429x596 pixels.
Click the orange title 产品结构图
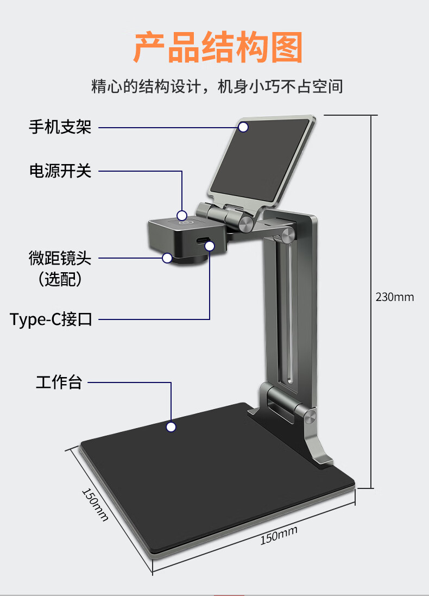(x=218, y=47)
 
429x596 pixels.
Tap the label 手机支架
(x=60, y=127)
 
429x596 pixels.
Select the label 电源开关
(x=60, y=171)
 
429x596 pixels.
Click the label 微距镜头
(x=60, y=258)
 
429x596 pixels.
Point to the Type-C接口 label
(x=51, y=319)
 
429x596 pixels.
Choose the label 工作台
(x=59, y=382)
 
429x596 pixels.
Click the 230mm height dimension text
(x=395, y=297)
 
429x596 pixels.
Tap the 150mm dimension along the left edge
(x=95, y=504)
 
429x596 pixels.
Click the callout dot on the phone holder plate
(x=243, y=127)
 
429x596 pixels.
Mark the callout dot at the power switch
(x=182, y=216)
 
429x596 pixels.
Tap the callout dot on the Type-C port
(x=210, y=246)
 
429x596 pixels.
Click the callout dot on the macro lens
(x=167, y=258)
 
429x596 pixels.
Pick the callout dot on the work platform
(x=171, y=427)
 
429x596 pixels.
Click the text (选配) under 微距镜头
(x=60, y=279)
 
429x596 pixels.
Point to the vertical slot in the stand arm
(x=288, y=312)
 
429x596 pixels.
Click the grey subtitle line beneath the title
(x=217, y=86)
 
